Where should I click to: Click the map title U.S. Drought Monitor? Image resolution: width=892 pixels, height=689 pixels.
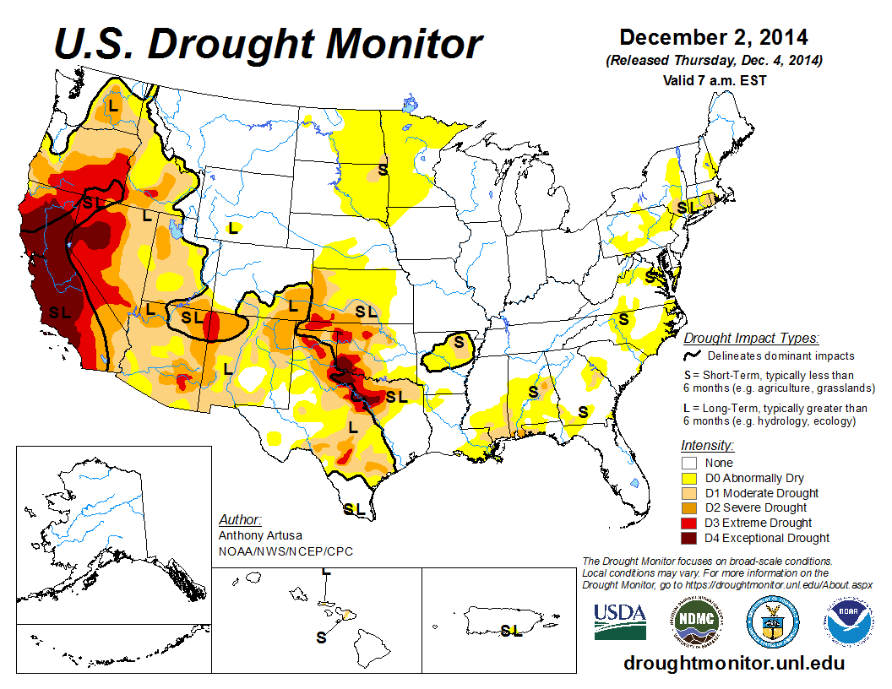[x=269, y=44]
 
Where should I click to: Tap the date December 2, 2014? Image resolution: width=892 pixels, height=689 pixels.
[x=714, y=38]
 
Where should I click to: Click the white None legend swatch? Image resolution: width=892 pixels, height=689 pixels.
[x=688, y=463]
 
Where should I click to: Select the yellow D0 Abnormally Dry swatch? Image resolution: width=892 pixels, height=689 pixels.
[x=688, y=478]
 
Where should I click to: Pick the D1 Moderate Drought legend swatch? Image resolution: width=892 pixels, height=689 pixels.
[x=688, y=493]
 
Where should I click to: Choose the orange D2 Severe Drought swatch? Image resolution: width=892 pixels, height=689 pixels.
[x=688, y=508]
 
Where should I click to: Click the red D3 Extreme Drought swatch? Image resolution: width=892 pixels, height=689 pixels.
[x=688, y=523]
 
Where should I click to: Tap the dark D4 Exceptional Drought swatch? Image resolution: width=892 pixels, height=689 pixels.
[x=688, y=538]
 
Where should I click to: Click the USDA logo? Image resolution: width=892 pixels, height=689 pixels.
[x=620, y=622]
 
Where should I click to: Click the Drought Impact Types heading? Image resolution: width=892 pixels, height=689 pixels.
[x=751, y=339]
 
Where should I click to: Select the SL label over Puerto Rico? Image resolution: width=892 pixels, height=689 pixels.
[x=510, y=630]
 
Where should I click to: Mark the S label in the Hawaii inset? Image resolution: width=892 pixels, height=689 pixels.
[x=321, y=637]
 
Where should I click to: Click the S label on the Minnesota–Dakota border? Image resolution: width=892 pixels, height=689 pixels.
[x=383, y=170]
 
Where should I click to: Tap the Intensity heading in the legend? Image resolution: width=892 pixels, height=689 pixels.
[x=707, y=445]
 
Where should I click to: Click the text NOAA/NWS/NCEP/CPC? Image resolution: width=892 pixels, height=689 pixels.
[x=286, y=551]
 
